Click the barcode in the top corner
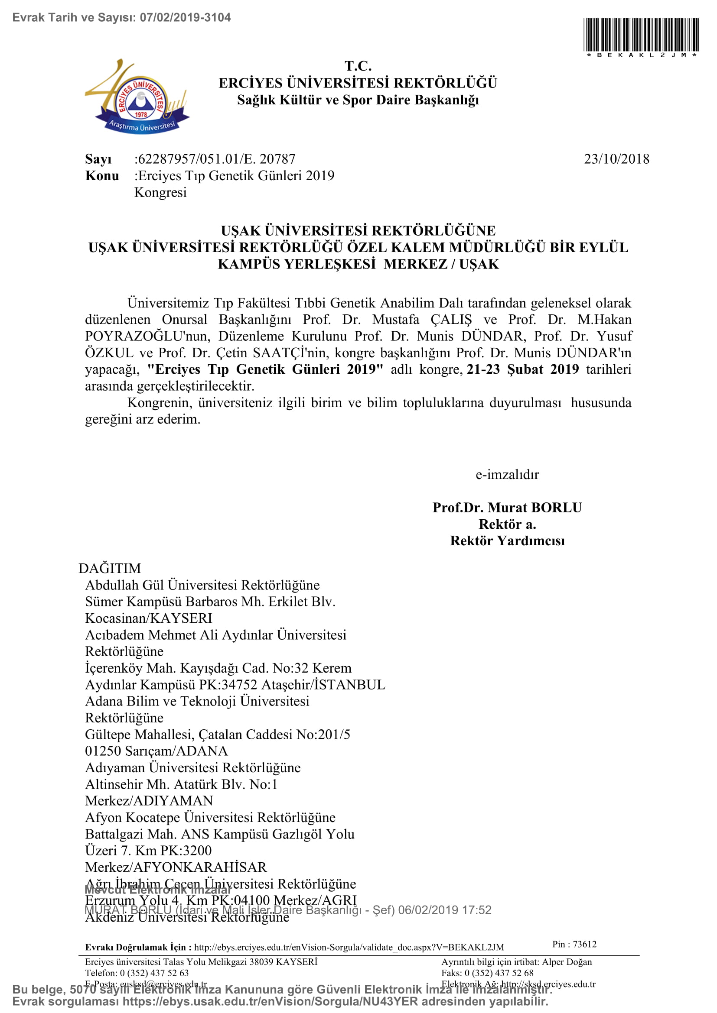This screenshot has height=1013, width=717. click(x=641, y=35)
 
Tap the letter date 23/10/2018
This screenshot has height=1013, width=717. click(x=616, y=159)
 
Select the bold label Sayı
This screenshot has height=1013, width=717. click(x=98, y=159)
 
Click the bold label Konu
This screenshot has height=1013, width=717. click(x=102, y=175)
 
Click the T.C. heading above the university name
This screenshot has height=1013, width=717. click(x=358, y=66)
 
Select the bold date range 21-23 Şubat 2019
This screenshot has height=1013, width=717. click(x=522, y=369)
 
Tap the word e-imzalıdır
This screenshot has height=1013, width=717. click(x=507, y=475)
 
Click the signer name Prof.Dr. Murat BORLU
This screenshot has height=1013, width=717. click(x=507, y=508)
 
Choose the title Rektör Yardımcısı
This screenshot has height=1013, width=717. click(x=507, y=541)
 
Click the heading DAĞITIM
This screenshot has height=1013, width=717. click(x=110, y=568)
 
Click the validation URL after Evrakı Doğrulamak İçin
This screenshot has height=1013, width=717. click(x=349, y=947)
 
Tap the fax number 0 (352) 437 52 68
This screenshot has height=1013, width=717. click(x=499, y=973)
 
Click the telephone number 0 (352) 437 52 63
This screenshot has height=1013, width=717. click(x=154, y=973)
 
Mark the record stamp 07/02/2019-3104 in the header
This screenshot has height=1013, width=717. click(x=185, y=18)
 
